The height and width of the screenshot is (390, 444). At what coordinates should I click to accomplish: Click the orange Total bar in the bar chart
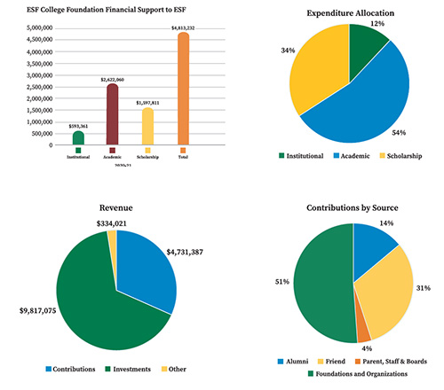point(184,89)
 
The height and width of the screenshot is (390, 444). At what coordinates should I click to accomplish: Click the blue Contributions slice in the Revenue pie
point(147,266)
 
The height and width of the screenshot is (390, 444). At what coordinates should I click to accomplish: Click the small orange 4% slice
point(363,333)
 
